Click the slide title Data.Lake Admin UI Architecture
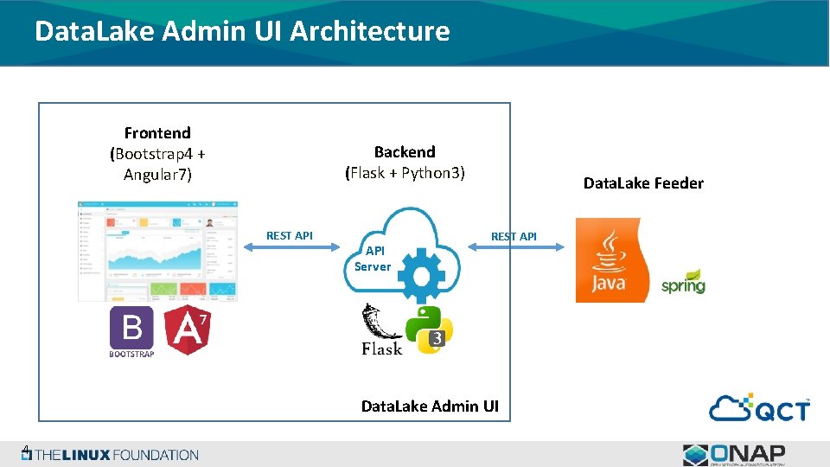tap(242, 31)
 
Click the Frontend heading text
tap(157, 133)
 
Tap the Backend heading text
tap(405, 152)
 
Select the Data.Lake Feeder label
tap(643, 183)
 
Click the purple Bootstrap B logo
tap(131, 329)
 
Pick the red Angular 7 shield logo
tap(188, 330)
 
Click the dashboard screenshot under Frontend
tap(157, 251)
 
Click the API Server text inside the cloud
tap(373, 258)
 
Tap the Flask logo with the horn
tap(381, 330)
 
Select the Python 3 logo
tap(430, 329)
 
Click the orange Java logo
tap(610, 259)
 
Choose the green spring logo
tap(683, 283)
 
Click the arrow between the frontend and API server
tap(292, 247)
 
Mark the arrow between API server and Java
tap(516, 247)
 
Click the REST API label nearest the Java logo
tap(514, 236)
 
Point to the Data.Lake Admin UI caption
tap(430, 406)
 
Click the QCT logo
tap(760, 407)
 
